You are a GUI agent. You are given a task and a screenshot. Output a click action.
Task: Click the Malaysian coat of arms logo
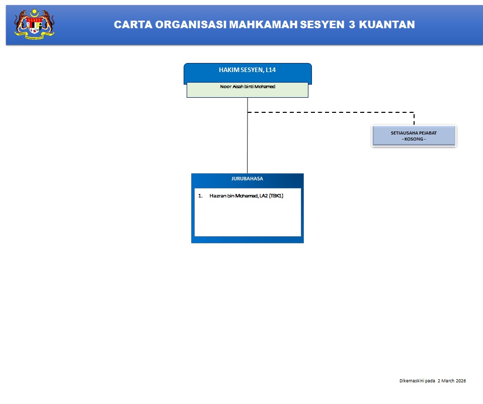click(x=34, y=24)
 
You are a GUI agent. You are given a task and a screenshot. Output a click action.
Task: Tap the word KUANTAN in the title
click(x=387, y=25)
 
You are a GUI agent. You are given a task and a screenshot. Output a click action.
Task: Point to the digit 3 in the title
click(x=352, y=25)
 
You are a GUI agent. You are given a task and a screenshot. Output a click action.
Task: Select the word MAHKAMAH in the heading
click(x=263, y=25)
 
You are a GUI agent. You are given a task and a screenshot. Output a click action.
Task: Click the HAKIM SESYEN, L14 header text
click(x=248, y=70)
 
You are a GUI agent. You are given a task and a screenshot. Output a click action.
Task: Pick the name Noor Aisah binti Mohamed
click(x=248, y=87)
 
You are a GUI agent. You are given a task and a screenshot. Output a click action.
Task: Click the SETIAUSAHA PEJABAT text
click(x=414, y=133)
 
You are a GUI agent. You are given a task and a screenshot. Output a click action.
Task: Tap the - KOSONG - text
click(x=414, y=139)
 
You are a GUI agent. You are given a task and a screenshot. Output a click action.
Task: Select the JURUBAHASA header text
click(x=247, y=178)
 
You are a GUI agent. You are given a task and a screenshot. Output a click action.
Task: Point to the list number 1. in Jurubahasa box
click(x=200, y=196)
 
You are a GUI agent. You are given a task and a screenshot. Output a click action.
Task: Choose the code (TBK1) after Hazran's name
click(x=276, y=196)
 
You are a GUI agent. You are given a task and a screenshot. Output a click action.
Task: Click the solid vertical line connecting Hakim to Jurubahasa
click(x=248, y=136)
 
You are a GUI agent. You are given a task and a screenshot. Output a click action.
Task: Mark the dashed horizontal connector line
click(x=331, y=112)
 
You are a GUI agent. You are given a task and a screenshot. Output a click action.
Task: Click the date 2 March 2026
click(x=452, y=381)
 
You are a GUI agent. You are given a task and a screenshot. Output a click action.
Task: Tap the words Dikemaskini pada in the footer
click(x=417, y=381)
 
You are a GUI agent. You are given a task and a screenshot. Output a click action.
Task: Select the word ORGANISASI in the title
click(x=191, y=25)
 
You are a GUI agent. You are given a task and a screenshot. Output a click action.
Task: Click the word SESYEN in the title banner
click(x=322, y=25)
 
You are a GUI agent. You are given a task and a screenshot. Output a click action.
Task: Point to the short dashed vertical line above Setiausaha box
click(x=414, y=119)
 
